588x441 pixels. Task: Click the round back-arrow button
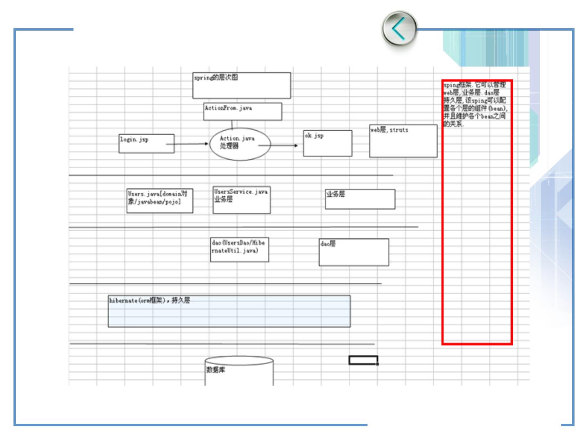coord(399,29)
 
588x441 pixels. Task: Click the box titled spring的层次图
coord(241,85)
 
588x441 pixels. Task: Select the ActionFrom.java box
coord(243,111)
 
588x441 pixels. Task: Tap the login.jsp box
coord(146,144)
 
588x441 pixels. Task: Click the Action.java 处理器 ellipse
coord(240,144)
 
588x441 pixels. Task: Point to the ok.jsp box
coord(327,143)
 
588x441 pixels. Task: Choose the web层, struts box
coord(403,141)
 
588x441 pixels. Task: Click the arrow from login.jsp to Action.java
coord(187,144)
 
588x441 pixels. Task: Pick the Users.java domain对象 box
coord(160,200)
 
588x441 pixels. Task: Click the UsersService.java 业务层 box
coord(241,200)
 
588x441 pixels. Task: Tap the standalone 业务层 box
coord(360,199)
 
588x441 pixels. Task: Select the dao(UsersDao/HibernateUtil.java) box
coord(239,249)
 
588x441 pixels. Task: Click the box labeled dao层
coord(354,252)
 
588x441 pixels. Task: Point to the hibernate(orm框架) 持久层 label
coord(149,301)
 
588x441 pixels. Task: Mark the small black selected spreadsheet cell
coord(363,360)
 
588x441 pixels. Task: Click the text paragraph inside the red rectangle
coord(475,104)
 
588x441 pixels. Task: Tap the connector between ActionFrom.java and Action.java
coord(232,125)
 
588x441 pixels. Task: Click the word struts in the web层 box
coord(399,130)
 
